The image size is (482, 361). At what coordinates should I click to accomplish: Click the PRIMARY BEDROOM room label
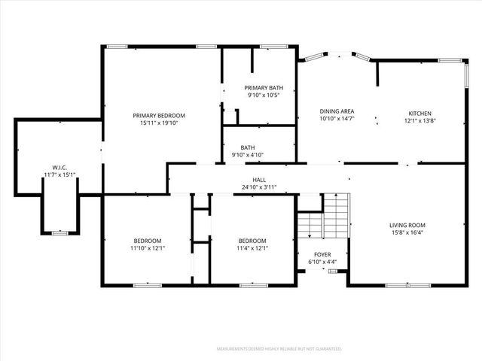click(159, 116)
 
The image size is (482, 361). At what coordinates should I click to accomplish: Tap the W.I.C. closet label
click(59, 167)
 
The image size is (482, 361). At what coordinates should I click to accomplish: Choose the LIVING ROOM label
click(407, 225)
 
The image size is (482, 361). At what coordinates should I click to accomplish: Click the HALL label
click(259, 180)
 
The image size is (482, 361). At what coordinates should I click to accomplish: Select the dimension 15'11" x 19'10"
click(159, 123)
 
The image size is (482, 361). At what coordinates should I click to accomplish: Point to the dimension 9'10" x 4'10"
click(248, 155)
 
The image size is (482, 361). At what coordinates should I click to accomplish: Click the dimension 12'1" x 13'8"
click(419, 120)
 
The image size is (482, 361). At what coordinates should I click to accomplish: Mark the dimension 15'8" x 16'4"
click(407, 232)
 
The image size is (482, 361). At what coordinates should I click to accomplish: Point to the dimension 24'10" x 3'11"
click(259, 187)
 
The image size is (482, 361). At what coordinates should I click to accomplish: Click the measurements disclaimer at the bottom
click(279, 349)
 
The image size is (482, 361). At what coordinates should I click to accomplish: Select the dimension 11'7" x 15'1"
click(59, 174)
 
